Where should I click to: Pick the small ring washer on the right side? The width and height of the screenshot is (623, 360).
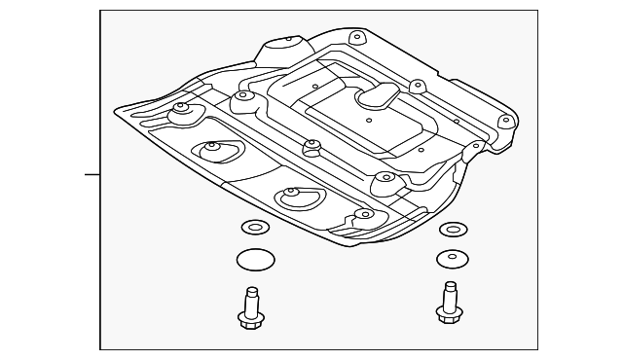[x=451, y=230]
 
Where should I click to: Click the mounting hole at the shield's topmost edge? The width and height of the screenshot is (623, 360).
[x=356, y=38]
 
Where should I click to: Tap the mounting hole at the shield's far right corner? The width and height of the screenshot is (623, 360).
[x=504, y=122]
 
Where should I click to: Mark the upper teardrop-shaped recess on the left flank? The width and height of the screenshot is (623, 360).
[x=212, y=151]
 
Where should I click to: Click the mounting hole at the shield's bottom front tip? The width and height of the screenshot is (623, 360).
[x=363, y=214]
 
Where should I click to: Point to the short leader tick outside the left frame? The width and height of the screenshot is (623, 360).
[x=92, y=175]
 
